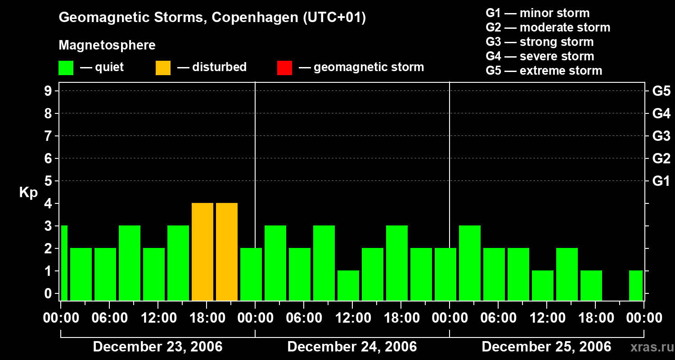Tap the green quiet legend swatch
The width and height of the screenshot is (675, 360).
[x=66, y=67]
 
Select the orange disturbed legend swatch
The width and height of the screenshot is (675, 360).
[x=163, y=67]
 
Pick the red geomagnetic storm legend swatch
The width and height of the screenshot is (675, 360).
[x=284, y=67]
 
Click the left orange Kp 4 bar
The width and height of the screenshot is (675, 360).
[x=202, y=252]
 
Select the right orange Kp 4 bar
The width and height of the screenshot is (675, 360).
[x=227, y=252]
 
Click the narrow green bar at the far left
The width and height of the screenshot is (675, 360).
[x=64, y=263]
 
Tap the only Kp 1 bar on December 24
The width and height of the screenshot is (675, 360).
[x=348, y=285]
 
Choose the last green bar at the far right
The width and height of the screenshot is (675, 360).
[x=636, y=285]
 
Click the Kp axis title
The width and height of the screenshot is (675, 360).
[x=28, y=193]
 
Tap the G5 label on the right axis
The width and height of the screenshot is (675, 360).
[x=661, y=91]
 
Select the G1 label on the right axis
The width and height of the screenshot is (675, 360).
[x=661, y=181]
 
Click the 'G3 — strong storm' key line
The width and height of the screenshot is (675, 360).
[x=540, y=42]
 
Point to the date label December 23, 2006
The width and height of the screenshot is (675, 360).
[x=157, y=346]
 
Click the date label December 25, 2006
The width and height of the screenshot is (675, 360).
[x=546, y=346]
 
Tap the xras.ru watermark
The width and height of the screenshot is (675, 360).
[x=648, y=347]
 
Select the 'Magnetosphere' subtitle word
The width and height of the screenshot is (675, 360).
[x=107, y=45]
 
